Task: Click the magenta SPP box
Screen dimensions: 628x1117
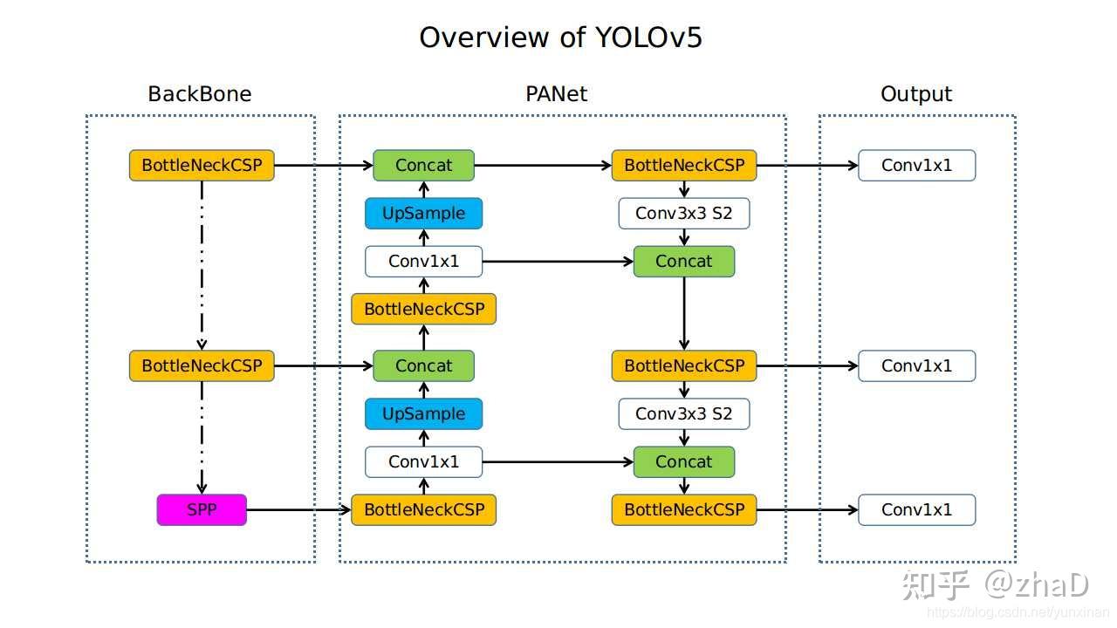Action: pos(202,509)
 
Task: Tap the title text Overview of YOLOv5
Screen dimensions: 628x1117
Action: pos(560,38)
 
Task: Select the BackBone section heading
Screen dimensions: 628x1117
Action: pos(200,94)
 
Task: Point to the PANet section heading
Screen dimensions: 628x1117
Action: pos(557,94)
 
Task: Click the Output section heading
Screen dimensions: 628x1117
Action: pos(916,94)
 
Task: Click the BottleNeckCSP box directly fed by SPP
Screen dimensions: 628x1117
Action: pos(423,509)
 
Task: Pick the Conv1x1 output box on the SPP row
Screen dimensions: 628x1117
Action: pos(916,509)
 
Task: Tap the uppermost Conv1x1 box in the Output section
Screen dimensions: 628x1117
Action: pos(916,165)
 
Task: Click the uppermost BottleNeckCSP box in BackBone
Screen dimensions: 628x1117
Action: pos(202,165)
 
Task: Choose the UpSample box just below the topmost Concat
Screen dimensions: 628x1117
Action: pos(423,213)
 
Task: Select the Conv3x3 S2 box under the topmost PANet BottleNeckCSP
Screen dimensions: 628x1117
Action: pos(683,213)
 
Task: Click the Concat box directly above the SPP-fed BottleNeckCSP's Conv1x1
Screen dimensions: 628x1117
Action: pos(423,365)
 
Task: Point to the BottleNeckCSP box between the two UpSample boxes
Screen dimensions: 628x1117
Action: pos(423,309)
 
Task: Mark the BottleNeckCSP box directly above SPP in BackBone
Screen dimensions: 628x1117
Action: pos(202,365)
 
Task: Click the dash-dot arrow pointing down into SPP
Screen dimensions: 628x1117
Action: pos(202,436)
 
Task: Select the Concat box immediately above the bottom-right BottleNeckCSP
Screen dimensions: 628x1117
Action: pos(683,461)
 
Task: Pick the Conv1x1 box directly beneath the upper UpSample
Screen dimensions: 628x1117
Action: pos(423,261)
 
